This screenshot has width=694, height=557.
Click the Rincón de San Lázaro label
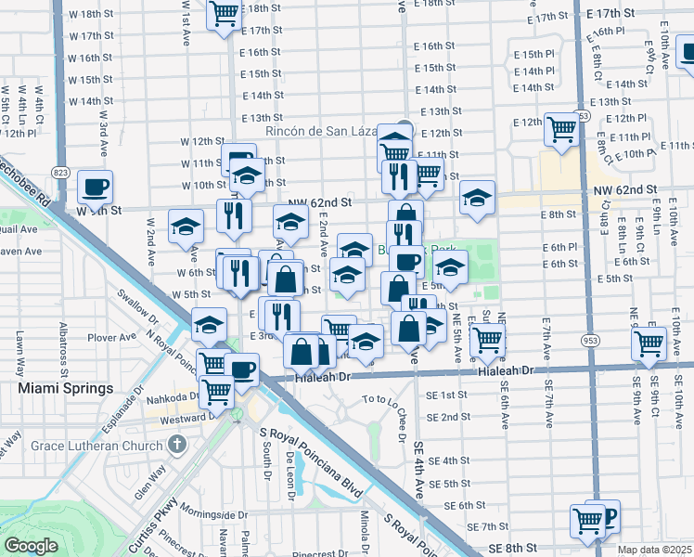320,132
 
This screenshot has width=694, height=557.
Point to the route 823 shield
61,173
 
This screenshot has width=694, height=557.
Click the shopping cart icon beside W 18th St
224,14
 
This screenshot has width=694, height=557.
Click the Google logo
31,546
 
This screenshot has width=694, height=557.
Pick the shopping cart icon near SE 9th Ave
649,343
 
